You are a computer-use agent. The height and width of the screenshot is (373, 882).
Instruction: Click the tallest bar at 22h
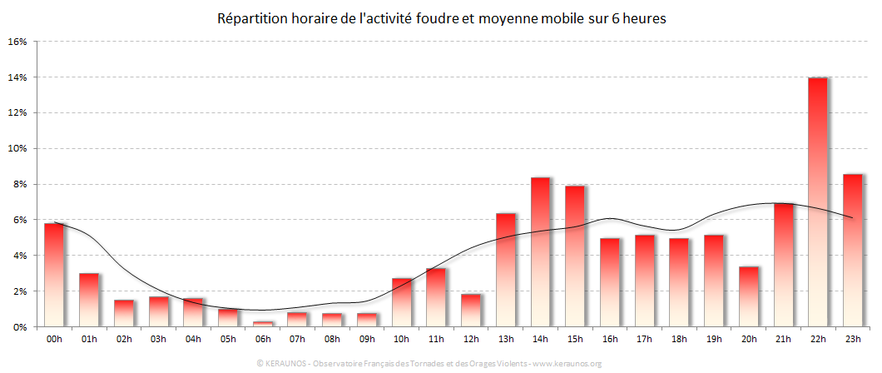(817, 201)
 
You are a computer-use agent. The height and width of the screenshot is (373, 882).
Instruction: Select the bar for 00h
(53, 275)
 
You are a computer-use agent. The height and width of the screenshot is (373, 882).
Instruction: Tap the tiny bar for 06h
(262, 324)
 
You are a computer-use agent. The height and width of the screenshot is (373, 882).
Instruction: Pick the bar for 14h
(540, 251)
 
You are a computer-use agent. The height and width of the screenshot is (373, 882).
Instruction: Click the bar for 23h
(852, 250)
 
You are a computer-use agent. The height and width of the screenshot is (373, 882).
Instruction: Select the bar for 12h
(470, 310)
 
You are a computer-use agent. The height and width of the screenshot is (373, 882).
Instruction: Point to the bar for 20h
(748, 296)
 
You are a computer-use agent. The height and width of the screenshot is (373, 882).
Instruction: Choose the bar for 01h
(88, 300)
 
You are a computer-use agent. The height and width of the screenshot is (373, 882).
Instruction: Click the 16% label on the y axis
(17, 41)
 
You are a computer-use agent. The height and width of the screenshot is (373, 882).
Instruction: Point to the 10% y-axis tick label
(17, 148)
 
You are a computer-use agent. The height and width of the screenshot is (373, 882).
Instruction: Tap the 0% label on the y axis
(20, 327)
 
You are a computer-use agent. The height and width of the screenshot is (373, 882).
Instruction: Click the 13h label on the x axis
(505, 340)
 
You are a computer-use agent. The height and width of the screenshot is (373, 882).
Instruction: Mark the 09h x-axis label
(366, 340)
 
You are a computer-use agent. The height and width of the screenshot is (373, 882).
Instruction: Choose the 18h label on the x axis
(679, 340)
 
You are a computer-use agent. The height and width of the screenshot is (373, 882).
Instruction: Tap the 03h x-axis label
(158, 340)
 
